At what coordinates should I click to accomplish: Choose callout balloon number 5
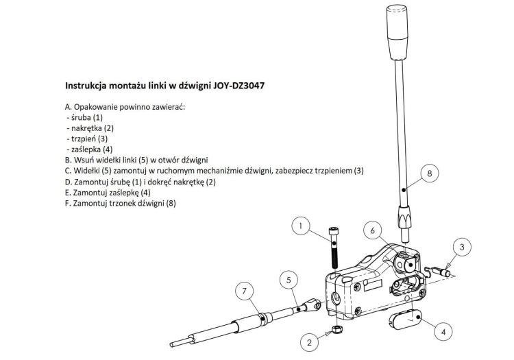289,280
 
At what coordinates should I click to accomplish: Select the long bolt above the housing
334,248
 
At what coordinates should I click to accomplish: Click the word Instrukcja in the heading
88,87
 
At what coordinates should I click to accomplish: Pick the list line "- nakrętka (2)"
90,128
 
